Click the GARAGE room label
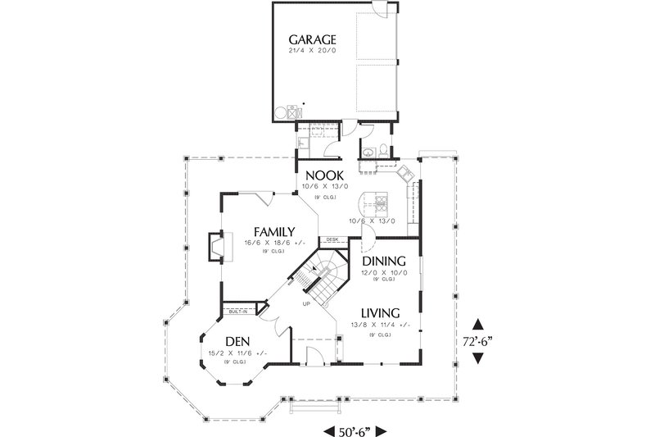tap(313, 39)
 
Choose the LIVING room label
tap(377, 312)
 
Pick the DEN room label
tap(237, 341)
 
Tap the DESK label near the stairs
tap(332, 239)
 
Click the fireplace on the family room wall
tap(214, 245)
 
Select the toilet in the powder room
tap(384, 150)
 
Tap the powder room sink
tap(367, 150)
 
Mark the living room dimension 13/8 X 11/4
tap(377, 325)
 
